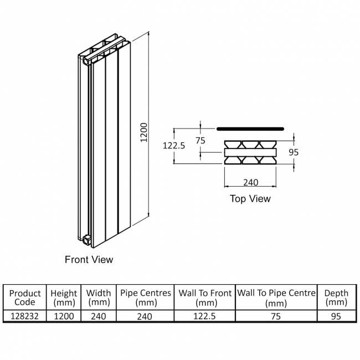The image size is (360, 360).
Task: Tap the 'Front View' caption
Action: tap(89, 259)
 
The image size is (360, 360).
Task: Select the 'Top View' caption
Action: tap(250, 198)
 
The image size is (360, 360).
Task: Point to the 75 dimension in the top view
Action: tap(200, 140)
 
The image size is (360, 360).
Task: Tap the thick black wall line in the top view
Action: tap(250, 128)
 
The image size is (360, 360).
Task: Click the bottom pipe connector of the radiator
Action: tap(86, 240)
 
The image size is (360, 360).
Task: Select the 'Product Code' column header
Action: tap(25, 297)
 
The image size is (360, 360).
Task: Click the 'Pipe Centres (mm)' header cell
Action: tap(146, 297)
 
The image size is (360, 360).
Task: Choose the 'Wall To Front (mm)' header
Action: tap(205, 297)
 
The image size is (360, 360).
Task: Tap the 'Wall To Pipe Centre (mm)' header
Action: tap(276, 297)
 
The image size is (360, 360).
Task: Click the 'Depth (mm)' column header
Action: tap(336, 297)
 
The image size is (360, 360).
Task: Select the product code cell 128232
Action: tap(25, 316)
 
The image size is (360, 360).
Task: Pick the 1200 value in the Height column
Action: tap(63, 316)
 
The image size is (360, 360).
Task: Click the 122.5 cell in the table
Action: tap(205, 316)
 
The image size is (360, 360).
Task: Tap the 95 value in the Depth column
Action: tap(336, 316)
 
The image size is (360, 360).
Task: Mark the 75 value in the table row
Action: tap(276, 316)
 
